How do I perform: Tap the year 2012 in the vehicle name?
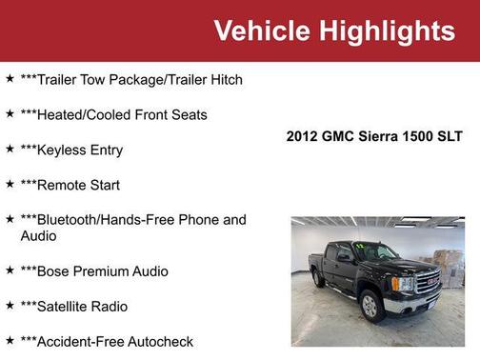[301, 136]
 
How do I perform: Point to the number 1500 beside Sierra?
[420, 136]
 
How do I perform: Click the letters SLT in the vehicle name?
[450, 136]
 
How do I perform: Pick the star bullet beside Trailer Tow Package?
[10, 79]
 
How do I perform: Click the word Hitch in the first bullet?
[223, 80]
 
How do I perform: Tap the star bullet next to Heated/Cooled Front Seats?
[10, 114]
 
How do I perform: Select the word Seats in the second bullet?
[187, 115]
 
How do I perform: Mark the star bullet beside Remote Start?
[10, 185]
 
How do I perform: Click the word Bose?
[54, 271]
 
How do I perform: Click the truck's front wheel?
[371, 306]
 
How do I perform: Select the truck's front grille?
[427, 282]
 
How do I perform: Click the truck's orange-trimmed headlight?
[402, 283]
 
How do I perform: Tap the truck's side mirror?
[344, 258]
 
